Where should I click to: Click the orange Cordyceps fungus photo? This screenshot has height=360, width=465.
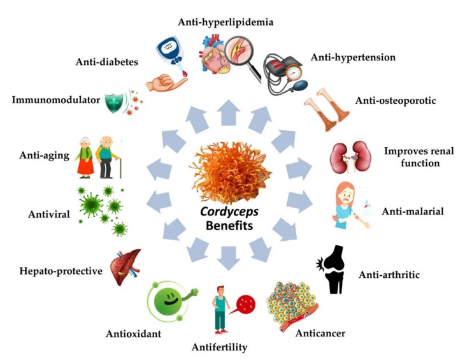(232, 171)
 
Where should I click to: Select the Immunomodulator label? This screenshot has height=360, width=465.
(56, 100)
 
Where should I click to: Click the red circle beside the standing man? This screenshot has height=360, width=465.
(245, 304)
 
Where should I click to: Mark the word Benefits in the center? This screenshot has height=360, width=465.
(232, 226)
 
